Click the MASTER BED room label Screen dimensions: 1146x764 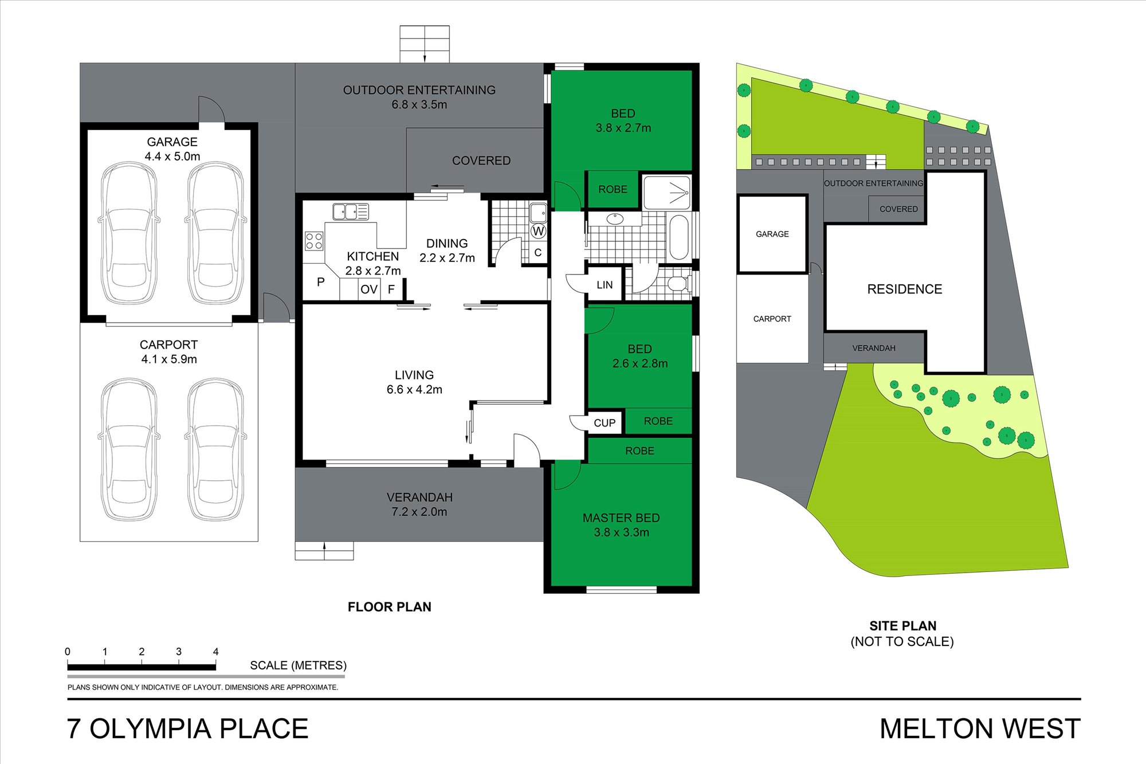(x=621, y=518)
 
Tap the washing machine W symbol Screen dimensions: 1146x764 (x=538, y=231)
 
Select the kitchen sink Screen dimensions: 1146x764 (x=351, y=211)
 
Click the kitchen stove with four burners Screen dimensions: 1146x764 (x=313, y=241)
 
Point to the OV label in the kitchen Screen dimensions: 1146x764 (x=369, y=289)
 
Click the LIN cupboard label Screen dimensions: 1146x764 (x=605, y=285)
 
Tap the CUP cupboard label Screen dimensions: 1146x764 (x=605, y=423)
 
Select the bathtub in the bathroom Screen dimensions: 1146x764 (x=680, y=237)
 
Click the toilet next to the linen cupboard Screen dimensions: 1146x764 (x=680, y=283)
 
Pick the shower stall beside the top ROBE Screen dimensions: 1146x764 (x=667, y=193)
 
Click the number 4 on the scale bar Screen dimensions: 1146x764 (x=215, y=652)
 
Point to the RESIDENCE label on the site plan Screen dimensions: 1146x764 (x=904, y=289)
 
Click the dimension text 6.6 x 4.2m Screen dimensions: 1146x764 (x=414, y=390)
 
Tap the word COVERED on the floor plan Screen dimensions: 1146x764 (x=481, y=160)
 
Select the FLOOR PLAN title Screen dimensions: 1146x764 (x=390, y=607)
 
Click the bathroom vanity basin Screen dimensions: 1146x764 (x=615, y=218)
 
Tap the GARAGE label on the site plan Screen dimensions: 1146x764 (x=772, y=234)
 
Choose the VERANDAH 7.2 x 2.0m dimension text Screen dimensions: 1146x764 (x=419, y=512)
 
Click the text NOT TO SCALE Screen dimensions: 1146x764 (x=902, y=642)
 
